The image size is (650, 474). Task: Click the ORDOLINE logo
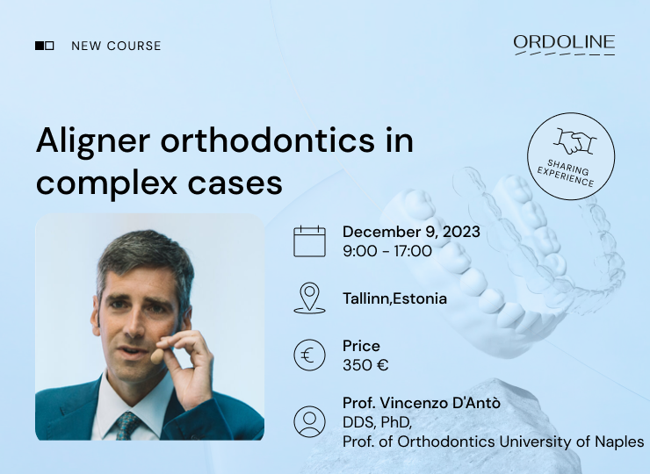coord(564,44)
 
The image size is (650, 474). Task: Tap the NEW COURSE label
coord(116,46)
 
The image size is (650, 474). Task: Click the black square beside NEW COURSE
coord(40,46)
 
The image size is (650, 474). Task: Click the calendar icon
coord(309,241)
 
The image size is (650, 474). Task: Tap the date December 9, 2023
coord(411,232)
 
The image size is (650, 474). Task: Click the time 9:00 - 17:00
coord(387,251)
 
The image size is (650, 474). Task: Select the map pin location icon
coord(309,298)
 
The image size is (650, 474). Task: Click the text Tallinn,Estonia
coord(394,298)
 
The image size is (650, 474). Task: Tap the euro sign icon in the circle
coord(309,355)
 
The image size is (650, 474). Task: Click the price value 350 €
coord(365,365)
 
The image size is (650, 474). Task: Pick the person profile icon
coord(309,421)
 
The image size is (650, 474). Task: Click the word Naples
coord(618,441)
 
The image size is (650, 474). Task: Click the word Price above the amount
coord(361,346)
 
